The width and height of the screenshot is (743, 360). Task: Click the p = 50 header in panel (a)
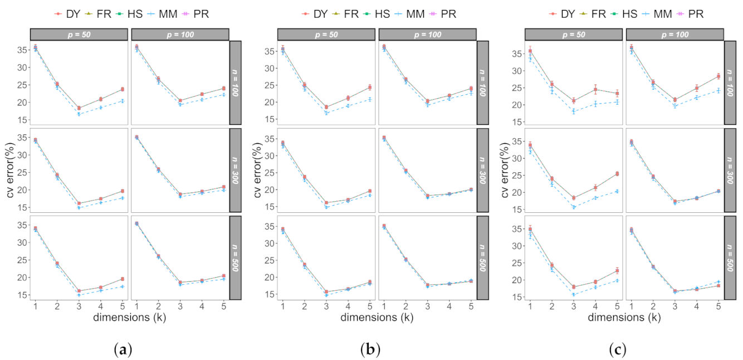tap(80, 35)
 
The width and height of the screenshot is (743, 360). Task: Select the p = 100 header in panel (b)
tap(427, 35)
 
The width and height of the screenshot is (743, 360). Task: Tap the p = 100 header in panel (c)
tap(674, 35)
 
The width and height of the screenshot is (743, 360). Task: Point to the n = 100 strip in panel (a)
tap(235, 83)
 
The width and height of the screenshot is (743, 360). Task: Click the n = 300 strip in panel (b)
tap(482, 170)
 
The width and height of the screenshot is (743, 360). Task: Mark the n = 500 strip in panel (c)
tap(730, 257)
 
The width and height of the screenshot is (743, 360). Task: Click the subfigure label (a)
tap(123, 350)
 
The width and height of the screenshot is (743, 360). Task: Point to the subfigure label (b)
tap(370, 350)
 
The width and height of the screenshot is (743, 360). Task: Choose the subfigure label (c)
tap(617, 350)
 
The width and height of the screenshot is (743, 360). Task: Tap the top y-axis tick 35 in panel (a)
tap(23, 50)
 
